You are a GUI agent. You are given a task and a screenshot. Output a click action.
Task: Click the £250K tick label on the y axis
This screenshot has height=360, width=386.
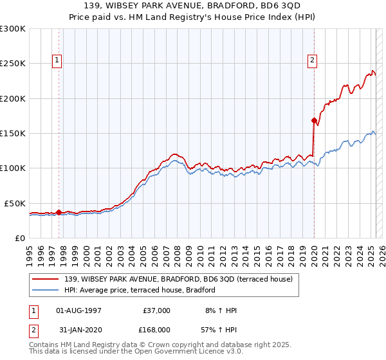tap(12, 64)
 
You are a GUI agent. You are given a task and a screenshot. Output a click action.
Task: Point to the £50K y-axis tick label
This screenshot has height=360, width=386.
tap(15, 203)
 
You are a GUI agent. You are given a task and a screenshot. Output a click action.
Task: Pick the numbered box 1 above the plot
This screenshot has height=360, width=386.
tap(57, 60)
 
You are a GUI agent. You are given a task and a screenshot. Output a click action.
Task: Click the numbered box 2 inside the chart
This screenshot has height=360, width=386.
tap(312, 60)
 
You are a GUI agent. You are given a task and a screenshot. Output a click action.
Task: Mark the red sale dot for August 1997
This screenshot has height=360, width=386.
tap(59, 212)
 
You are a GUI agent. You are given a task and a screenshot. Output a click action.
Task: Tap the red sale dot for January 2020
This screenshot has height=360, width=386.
tap(314, 120)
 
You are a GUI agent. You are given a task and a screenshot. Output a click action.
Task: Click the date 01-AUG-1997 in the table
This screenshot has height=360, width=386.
tap(79, 310)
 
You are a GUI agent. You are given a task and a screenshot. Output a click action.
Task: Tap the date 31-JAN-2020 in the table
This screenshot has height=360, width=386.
tap(79, 329)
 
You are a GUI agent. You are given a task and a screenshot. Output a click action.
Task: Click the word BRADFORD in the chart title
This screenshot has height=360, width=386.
tap(225, 7)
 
